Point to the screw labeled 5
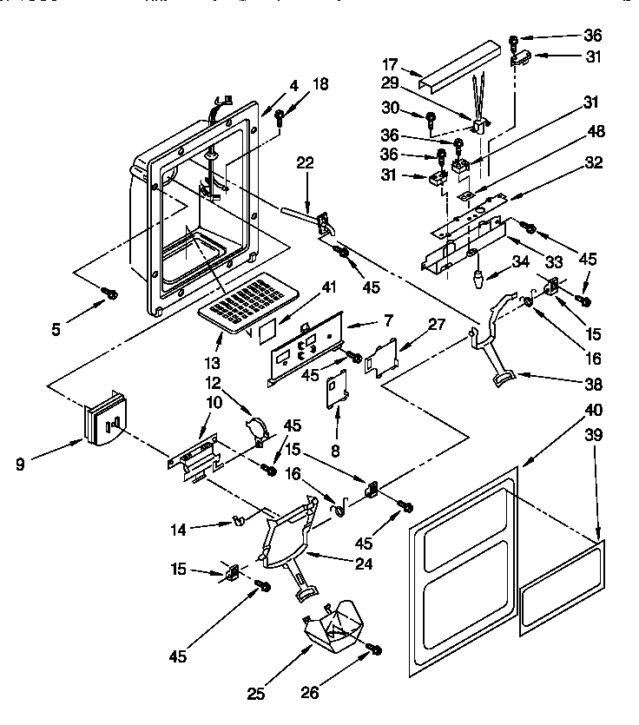tap(110, 294)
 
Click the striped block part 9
tap(102, 420)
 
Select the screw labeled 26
tap(374, 648)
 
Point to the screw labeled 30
tap(431, 117)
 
